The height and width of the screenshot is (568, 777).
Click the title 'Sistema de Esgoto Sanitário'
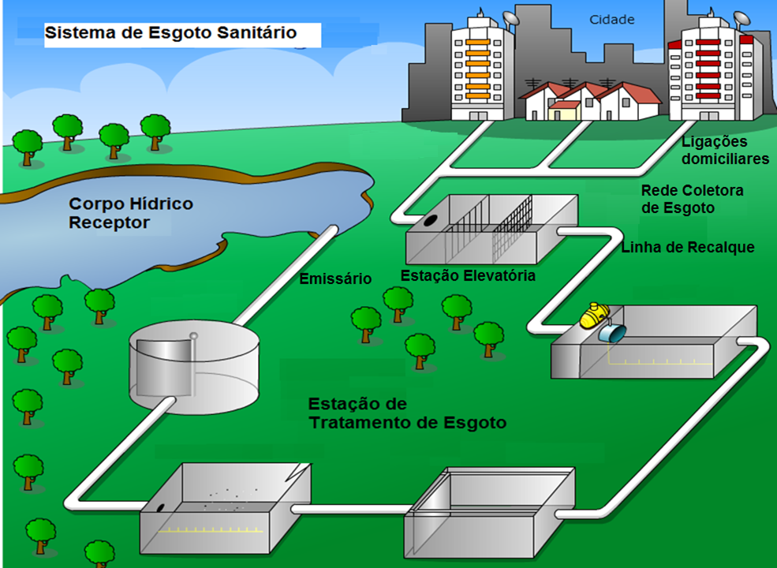click(x=170, y=33)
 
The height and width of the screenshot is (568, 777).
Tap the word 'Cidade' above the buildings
click(x=612, y=19)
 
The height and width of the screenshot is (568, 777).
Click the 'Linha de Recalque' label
click(x=688, y=248)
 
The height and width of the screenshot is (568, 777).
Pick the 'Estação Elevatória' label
click(x=468, y=276)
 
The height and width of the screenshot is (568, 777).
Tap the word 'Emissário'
click(x=335, y=278)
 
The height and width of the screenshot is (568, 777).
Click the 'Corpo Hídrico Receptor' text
click(x=131, y=213)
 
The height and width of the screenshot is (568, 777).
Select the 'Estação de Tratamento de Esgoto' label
click(x=407, y=413)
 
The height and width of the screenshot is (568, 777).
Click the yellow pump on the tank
click(x=594, y=316)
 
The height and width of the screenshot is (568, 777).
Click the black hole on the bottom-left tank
click(x=161, y=509)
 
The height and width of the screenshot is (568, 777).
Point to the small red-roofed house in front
click(x=565, y=109)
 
